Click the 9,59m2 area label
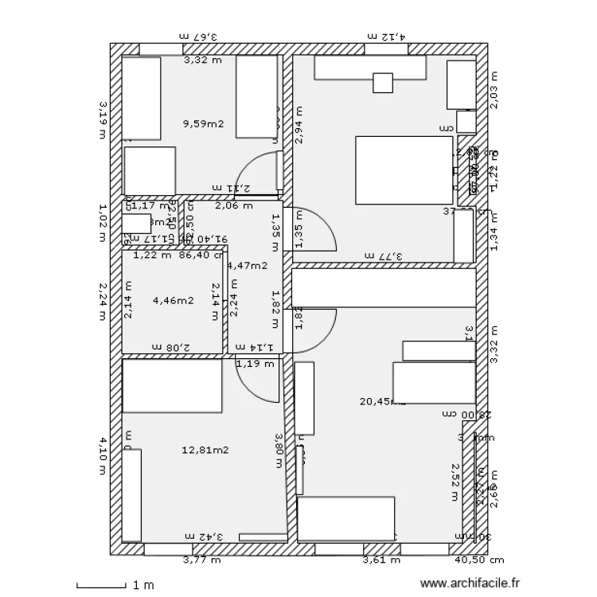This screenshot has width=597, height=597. [203, 123]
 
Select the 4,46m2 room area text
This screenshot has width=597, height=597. [173, 300]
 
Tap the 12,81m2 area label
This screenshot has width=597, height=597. [205, 450]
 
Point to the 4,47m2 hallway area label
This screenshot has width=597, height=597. [248, 266]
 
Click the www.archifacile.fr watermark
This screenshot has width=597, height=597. [474, 583]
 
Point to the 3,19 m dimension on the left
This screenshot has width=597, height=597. [102, 119]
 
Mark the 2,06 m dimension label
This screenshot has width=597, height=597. [234, 205]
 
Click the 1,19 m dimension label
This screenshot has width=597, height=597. [255, 364]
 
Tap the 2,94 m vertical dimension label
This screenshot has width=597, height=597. [299, 125]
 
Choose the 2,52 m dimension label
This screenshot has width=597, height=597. [455, 482]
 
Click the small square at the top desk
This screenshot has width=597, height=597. [383, 83]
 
